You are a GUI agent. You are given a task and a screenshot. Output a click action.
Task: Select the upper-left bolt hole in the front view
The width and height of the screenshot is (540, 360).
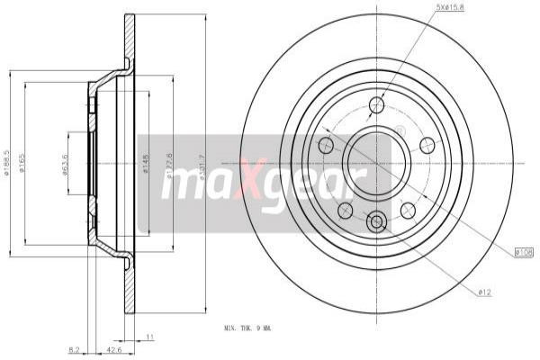pyautogui.click(x=326, y=145)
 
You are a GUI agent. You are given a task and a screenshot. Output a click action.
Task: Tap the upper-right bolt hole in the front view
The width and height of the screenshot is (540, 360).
pyautogui.click(x=427, y=145)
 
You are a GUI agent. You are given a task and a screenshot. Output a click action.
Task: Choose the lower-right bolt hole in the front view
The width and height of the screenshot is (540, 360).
pyautogui.click(x=408, y=211)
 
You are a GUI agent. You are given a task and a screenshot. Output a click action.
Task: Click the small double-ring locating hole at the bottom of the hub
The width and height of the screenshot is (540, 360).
pyautogui.click(x=377, y=221)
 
